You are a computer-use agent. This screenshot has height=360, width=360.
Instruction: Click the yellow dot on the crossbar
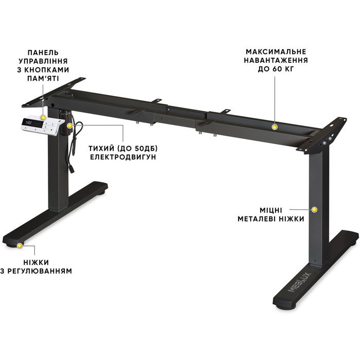275,125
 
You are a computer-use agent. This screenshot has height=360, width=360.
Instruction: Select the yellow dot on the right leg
315,209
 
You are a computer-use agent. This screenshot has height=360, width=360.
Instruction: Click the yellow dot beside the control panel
69,125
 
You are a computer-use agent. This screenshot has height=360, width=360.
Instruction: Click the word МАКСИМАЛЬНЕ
276,52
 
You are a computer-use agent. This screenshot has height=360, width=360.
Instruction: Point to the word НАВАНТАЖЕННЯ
276,61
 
